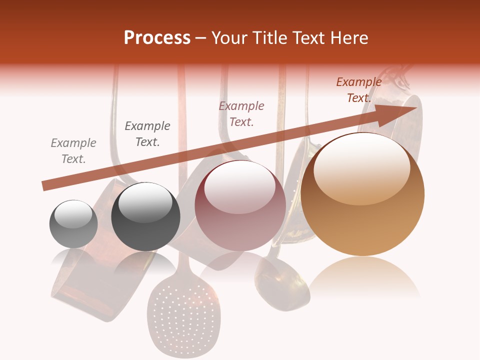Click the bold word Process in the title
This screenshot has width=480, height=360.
157,38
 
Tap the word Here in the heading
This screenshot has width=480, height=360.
348,38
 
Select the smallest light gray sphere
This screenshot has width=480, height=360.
73,224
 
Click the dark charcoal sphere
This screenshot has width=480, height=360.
145,217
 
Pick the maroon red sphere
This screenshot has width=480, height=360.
240,206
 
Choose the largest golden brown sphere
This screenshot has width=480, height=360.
362,194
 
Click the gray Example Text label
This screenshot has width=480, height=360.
73,151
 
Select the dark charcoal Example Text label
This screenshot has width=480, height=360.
147,134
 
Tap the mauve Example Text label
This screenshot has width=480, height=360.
241,113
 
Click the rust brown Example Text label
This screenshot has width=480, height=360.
358,90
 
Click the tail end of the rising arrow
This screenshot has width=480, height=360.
46,186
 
